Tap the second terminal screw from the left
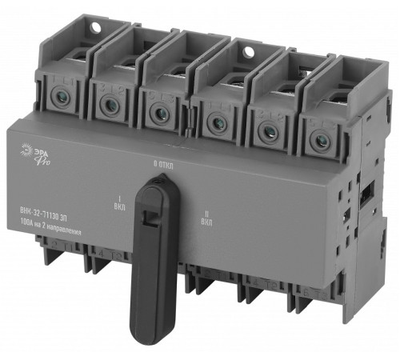coord(106,102)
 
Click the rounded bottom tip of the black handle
coord(150,338)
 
